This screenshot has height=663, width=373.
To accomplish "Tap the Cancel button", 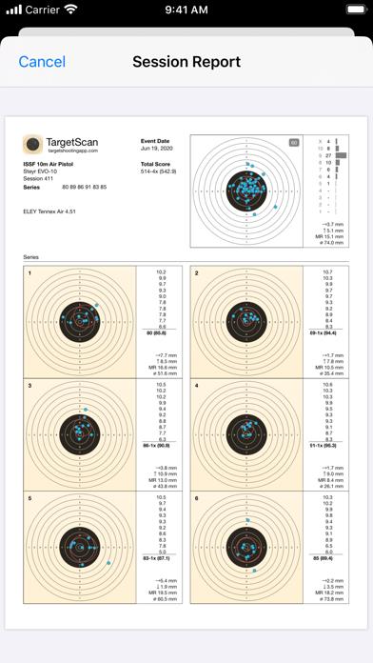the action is point(42,62).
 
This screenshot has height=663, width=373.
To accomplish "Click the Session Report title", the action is point(186,62).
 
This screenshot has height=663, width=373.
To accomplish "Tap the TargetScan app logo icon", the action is point(32,145).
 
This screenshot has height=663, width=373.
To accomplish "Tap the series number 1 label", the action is point(29,273).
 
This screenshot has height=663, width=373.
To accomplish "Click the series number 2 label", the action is point(196,273).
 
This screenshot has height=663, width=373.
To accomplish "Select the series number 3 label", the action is point(29,386).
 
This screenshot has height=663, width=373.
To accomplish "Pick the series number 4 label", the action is point(196,386).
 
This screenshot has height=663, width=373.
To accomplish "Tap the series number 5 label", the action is point(29,498).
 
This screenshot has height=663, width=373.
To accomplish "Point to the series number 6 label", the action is point(196,498).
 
